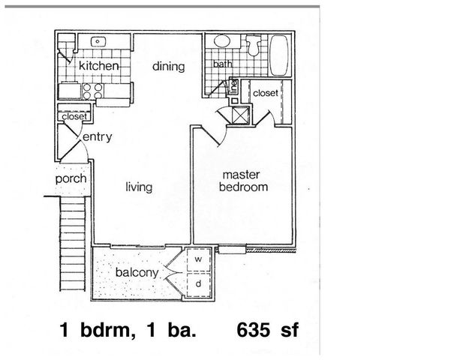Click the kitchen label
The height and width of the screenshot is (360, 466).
[99, 67]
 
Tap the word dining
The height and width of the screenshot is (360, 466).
[168, 67]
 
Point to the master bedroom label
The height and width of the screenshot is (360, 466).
[242, 181]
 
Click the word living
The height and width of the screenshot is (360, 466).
[139, 187]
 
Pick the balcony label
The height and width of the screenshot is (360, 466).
[137, 272]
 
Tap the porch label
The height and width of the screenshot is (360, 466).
[71, 179]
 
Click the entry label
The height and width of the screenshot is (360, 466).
[98, 136]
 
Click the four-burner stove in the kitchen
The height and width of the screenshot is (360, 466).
[94, 91]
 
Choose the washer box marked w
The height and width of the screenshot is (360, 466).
[199, 259]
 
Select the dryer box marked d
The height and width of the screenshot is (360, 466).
[199, 284]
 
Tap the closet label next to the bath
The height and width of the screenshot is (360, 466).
[266, 92]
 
